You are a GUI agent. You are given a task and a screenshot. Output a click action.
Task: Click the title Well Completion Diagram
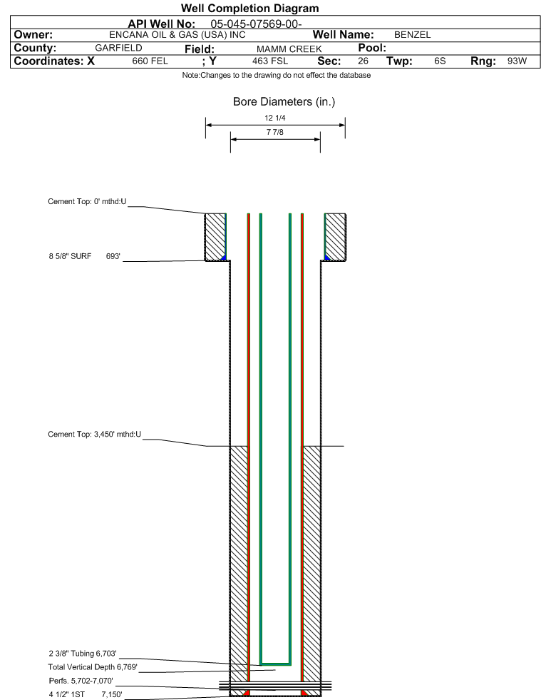pos(249,8)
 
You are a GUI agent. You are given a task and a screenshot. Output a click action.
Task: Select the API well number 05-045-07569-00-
pos(256,24)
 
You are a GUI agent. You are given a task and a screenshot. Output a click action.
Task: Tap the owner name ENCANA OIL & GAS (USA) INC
pos(177,35)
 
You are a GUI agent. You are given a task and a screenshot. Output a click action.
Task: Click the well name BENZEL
pos(412,35)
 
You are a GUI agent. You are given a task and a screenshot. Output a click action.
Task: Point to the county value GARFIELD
pos(118,48)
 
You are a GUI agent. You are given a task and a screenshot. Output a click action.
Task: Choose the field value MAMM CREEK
pos(289,49)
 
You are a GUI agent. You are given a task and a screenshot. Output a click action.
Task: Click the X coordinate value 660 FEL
pos(150,61)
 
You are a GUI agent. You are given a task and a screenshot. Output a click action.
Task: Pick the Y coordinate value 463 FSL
pos(270,61)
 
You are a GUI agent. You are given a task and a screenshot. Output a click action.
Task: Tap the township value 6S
pos(440,61)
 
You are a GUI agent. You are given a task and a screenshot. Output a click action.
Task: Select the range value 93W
pos(517,61)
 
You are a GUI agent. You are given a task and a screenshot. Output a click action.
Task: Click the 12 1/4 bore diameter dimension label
pos(274,118)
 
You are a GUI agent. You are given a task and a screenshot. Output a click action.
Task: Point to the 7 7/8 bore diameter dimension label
pos(274,132)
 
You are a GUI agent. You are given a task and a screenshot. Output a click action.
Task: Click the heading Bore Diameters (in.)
pos(284,102)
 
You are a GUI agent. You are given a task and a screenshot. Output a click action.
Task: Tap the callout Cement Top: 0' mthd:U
pos(87,201)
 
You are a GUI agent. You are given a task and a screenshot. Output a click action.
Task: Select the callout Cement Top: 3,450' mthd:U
pos(95,434)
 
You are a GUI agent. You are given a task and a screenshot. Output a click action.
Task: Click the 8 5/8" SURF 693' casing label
pos(85,256)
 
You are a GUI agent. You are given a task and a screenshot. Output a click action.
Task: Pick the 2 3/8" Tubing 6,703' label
pos(83,654)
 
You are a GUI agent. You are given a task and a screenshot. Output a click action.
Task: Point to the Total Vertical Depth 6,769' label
pos(93,667)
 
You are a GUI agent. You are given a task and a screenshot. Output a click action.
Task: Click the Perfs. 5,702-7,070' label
pos(81,681)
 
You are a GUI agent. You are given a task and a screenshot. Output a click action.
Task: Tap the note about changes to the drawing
pos(276,75)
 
